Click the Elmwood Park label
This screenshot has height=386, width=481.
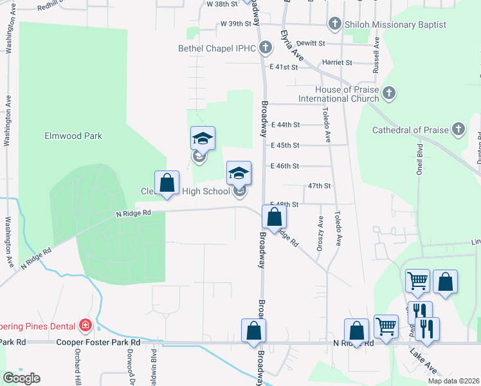point(73,136)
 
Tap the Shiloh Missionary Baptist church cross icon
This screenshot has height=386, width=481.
point(334,24)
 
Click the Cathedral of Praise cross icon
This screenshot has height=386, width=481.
point(458,130)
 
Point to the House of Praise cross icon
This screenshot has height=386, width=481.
point(388,94)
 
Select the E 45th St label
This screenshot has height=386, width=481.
point(285,145)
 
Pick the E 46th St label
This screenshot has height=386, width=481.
point(285,166)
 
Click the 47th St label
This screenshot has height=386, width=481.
point(319,186)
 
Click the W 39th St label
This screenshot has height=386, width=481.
point(235,23)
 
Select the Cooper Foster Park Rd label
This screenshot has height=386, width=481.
point(98,343)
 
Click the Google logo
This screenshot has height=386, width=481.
point(21,378)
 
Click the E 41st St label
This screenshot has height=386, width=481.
point(285,67)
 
